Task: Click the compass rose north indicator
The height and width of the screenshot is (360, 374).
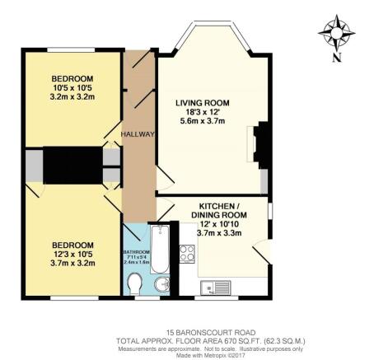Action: coord(335,34)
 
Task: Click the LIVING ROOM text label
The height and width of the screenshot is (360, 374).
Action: coord(202,103)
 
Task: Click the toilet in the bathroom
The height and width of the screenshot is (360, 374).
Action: coord(138,284)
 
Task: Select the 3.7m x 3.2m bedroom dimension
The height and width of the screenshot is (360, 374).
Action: coord(73,264)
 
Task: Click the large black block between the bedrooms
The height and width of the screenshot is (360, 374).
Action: coord(71,166)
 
